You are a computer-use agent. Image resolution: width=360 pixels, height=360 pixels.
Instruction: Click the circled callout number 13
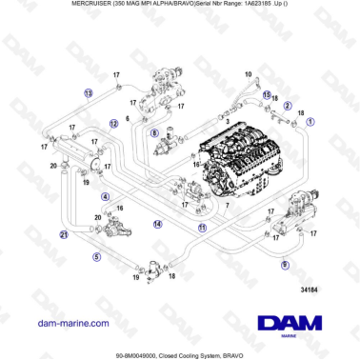click(x=88, y=93)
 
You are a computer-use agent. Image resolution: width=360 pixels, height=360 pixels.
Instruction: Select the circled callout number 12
click(x=113, y=123)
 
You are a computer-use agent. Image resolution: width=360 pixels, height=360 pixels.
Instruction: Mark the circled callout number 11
click(x=201, y=229)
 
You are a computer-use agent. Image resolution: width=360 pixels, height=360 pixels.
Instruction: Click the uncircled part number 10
click(x=248, y=73)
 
